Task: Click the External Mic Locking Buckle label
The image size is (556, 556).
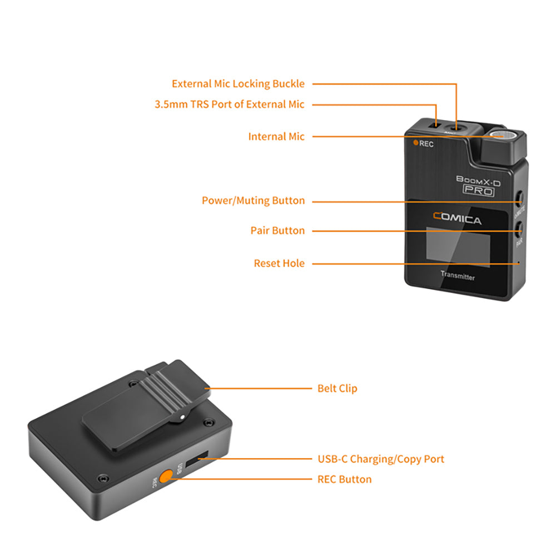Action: coord(238,84)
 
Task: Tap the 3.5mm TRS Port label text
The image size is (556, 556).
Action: coord(230,104)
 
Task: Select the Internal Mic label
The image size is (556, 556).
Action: coord(276,136)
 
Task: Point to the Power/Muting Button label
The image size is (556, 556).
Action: coord(253,200)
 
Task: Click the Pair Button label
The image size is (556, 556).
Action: coord(277,230)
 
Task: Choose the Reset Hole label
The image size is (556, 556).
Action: coord(279,263)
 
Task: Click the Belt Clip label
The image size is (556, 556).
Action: coord(337,388)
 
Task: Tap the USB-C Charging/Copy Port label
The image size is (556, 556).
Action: coord(381,459)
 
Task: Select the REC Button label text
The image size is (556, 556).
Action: coord(344,479)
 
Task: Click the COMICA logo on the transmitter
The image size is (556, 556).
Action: coord(457,220)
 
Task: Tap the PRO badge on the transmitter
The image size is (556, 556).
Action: coord(478,190)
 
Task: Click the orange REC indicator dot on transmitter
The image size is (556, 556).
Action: coord(415,142)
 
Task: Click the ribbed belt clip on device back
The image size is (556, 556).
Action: coord(146,405)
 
